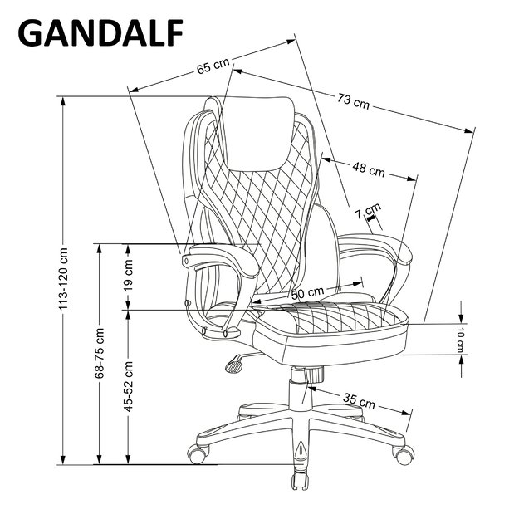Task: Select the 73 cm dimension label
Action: click(353, 103)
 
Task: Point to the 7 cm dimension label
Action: click(368, 211)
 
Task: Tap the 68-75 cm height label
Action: click(100, 353)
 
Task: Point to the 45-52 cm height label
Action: click(130, 386)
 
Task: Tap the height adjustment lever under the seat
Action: click(235, 362)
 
